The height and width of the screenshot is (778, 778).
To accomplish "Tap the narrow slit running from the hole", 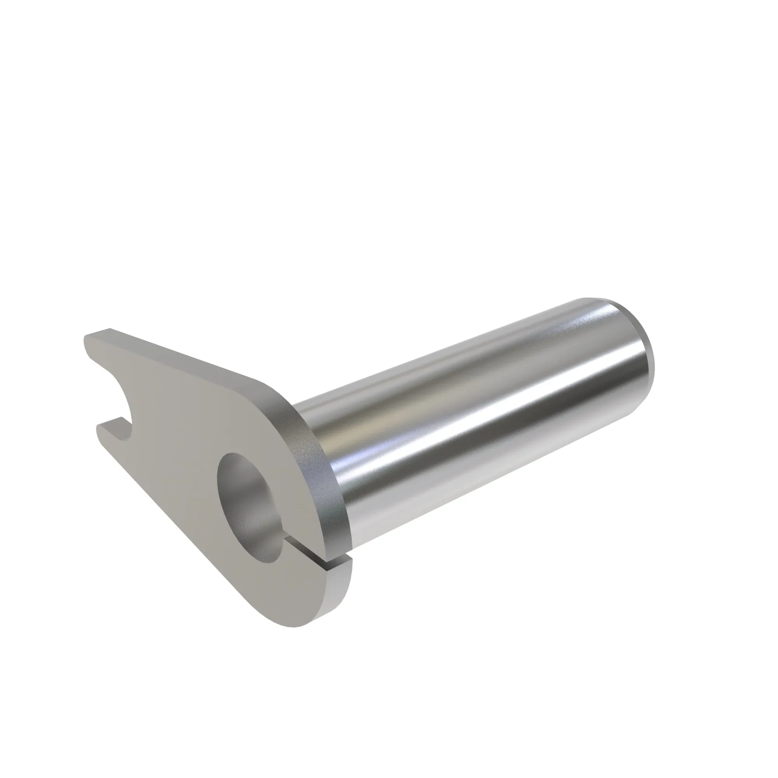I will (318, 558).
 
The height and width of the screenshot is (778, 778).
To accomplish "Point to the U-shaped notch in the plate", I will (117, 397).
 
